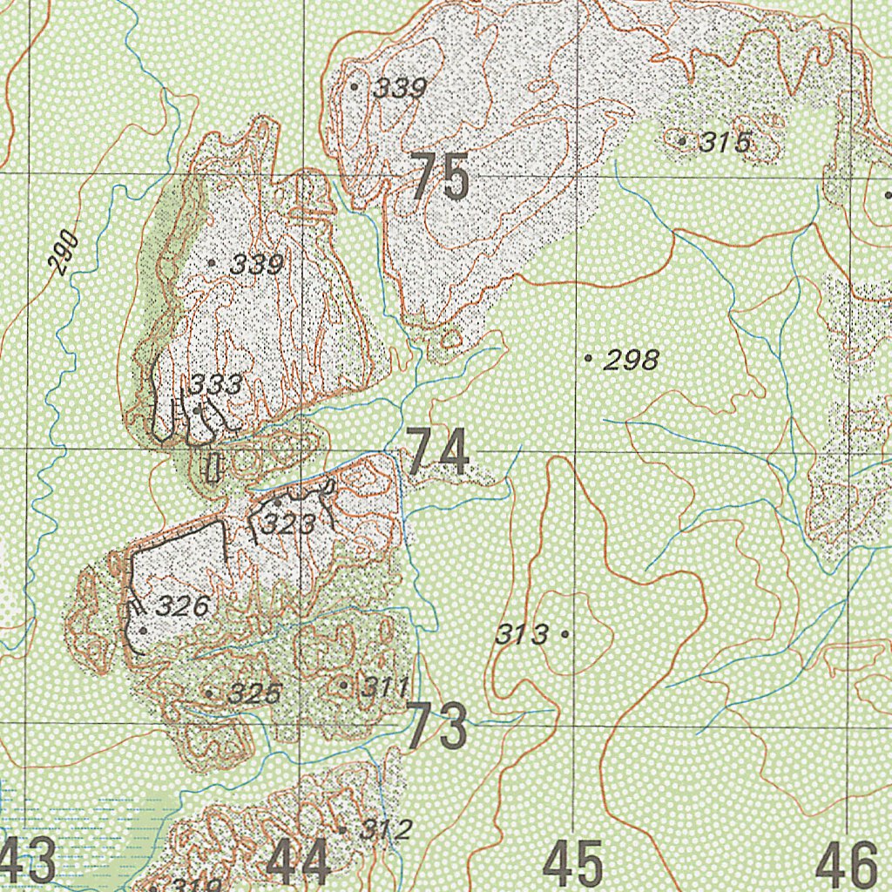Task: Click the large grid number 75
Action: coord(440,177)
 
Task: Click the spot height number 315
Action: coord(724,142)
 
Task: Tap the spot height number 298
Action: coord(632,360)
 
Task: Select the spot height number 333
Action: coord(216,385)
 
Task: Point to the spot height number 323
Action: coord(287,524)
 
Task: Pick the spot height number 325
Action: coord(255,694)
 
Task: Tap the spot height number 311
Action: coord(385,688)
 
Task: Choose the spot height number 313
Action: coord(522,635)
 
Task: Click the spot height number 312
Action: coord(384,830)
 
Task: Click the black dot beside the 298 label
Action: coord(589,357)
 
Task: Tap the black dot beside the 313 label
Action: coord(565,635)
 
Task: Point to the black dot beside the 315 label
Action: coord(681,139)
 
